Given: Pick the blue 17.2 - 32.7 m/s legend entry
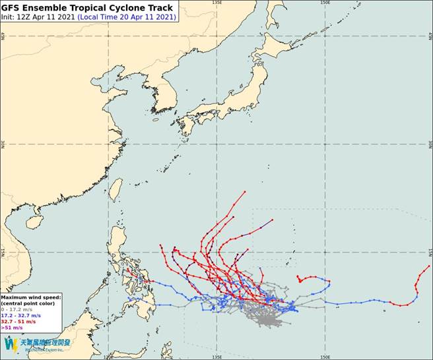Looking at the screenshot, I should pos(23,315).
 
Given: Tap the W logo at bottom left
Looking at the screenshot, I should pos(11,344).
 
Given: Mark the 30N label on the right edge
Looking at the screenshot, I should pos(430,144).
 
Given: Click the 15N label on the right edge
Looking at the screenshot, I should pos(430,252).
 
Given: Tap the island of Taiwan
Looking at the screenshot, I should pos(115,190).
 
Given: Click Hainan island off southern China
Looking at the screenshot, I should pos(34,222).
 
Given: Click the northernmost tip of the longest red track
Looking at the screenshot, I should pos(245,192).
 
